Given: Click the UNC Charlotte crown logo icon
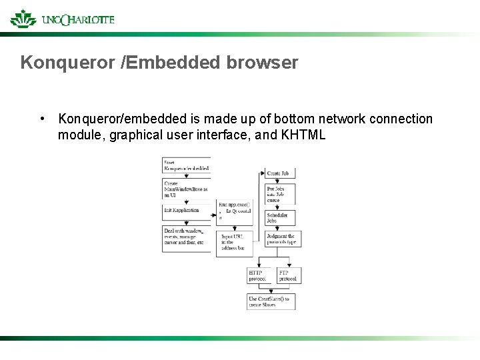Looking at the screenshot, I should pyautogui.click(x=23, y=19).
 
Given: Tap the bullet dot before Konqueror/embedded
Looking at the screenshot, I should pyautogui.click(x=42, y=119).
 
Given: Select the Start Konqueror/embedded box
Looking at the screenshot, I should pyautogui.click(x=186, y=165).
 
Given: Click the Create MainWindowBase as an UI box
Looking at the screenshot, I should pyautogui.click(x=186, y=189).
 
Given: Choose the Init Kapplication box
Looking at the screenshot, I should pyautogui.click(x=186, y=210).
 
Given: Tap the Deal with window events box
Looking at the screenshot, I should pyautogui.click(x=186, y=239).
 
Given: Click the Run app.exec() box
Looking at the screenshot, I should pyautogui.click(x=235, y=209).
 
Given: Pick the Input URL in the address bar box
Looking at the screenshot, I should pyautogui.click(x=233, y=241).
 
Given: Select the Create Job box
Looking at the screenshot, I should pyautogui.click(x=280, y=173).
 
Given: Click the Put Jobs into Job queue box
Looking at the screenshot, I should pyautogui.click(x=280, y=193).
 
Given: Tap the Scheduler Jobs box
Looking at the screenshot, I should pyautogui.click(x=280, y=219).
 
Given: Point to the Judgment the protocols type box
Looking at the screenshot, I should pyautogui.click(x=283, y=239).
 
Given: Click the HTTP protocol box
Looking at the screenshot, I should pyautogui.click(x=259, y=275).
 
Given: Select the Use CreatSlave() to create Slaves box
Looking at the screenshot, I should pyautogui.click(x=271, y=301).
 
